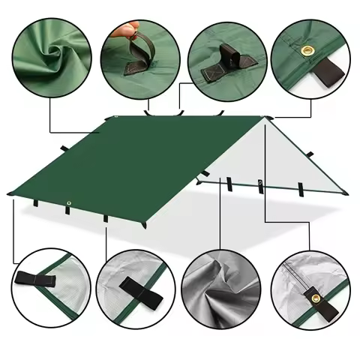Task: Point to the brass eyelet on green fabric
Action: [x=307, y=49]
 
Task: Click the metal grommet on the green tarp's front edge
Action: [x=69, y=204]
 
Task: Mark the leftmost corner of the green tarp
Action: [x=9, y=193]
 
